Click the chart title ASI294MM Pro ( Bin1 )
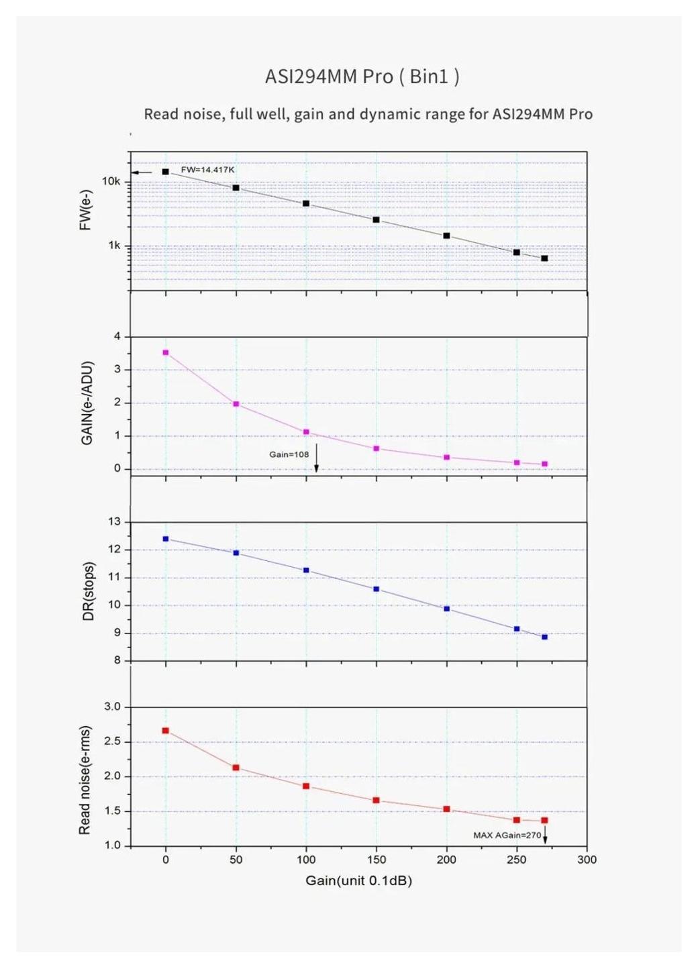tap(362, 76)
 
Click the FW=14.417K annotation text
tap(207, 170)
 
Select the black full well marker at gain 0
tap(166, 172)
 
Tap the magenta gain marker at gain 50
tap(236, 404)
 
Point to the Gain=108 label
tap(289, 454)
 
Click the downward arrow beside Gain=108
tap(316, 458)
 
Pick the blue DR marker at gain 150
tap(377, 589)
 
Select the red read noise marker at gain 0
tap(166, 731)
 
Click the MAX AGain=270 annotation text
tap(507, 835)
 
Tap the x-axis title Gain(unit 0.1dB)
tap(358, 880)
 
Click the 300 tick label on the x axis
tap(587, 860)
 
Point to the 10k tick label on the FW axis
tap(111, 181)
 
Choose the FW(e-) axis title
tap(85, 210)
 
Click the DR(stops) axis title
tap(88, 591)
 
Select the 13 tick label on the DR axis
tap(114, 522)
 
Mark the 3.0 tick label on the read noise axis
tap(112, 707)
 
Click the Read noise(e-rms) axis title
tap(85, 780)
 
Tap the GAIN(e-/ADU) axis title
tap(87, 403)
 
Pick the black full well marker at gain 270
tap(544, 258)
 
